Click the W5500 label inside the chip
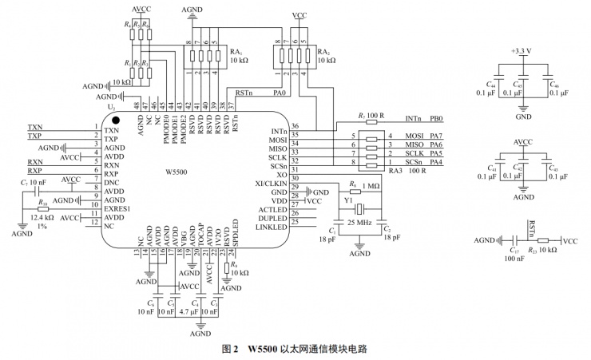(x=176, y=171)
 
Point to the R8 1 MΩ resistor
(x=362, y=187)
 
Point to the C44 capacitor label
(x=491, y=83)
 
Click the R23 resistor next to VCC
(x=543, y=239)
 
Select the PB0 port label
(x=435, y=118)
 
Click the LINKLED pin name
(x=273, y=227)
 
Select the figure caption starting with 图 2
(x=295, y=350)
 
